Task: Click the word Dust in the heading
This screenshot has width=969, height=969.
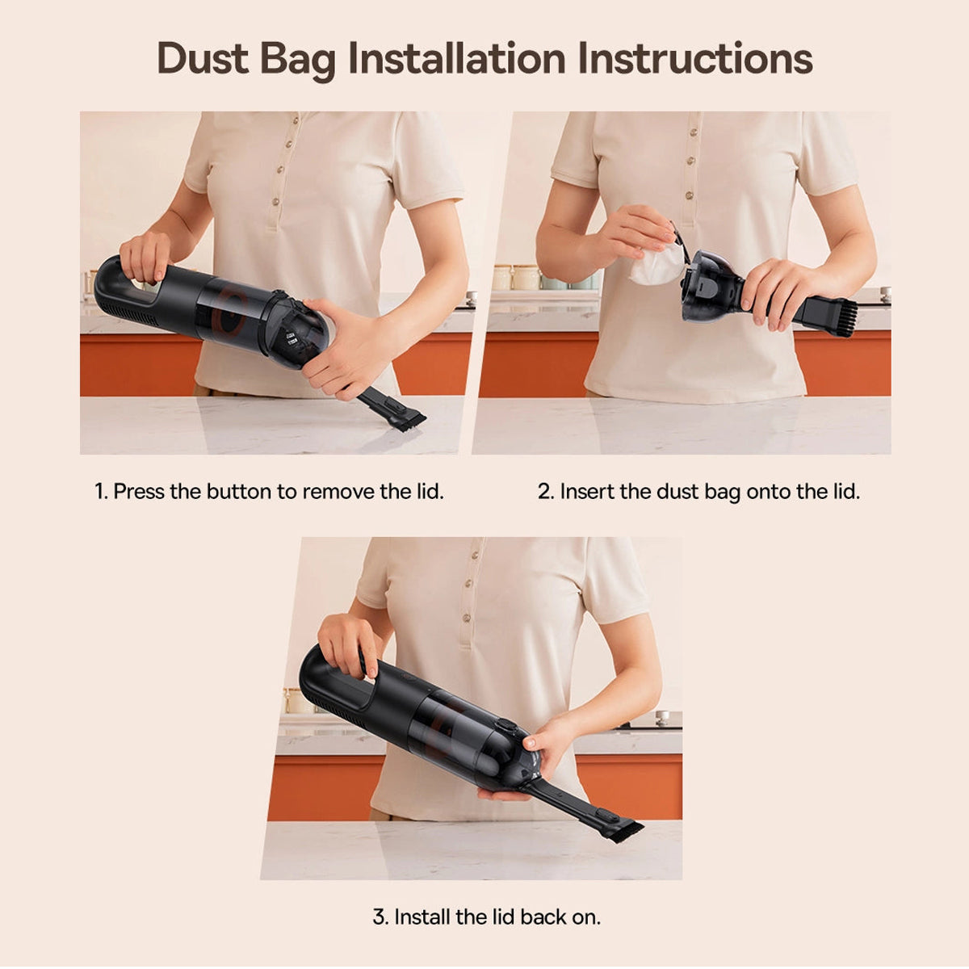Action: tap(203, 58)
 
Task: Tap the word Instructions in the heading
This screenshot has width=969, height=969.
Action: tap(695, 58)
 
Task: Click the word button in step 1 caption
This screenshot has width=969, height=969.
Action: tap(239, 491)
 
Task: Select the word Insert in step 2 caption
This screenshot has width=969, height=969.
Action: tap(587, 491)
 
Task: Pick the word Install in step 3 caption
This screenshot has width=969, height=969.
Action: tap(422, 917)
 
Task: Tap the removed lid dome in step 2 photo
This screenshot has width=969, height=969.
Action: tap(706, 287)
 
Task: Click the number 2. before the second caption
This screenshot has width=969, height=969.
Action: tap(546, 491)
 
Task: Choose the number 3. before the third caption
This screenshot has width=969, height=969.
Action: tap(380, 917)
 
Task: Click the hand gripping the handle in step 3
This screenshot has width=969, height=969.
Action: tap(347, 644)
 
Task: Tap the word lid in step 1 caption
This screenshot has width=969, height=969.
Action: tap(430, 491)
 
